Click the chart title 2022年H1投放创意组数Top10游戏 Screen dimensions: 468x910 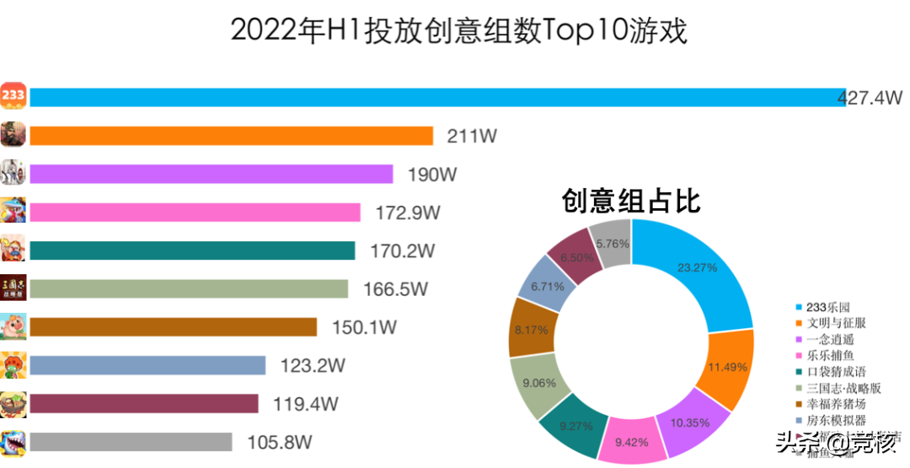[x=459, y=31]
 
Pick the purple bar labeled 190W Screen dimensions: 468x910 [x=211, y=174]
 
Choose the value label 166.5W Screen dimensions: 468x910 [x=395, y=289]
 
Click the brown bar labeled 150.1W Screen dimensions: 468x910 [x=172, y=327]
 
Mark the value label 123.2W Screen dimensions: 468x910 [x=313, y=366]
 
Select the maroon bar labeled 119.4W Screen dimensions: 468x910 [x=143, y=404]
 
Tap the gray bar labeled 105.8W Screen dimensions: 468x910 [x=130, y=442]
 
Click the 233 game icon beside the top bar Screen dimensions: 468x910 [x=13, y=96]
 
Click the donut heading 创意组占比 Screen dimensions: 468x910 [x=631, y=201]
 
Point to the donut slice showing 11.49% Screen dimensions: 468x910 [x=725, y=368]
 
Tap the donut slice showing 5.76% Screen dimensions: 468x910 [x=612, y=243]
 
